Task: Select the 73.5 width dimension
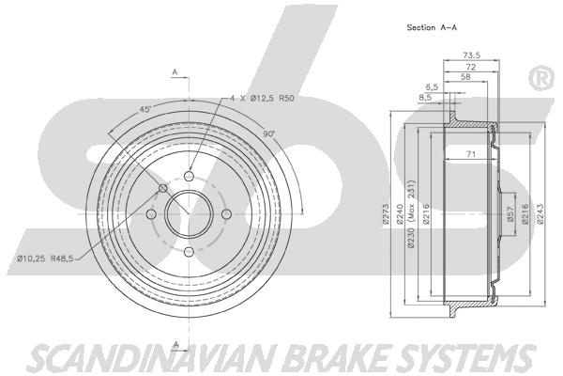click(472, 55)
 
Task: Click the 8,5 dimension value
click(425, 96)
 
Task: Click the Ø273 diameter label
click(386, 215)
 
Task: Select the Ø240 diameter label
click(400, 215)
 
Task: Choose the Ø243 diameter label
click(540, 215)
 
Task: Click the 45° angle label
click(145, 110)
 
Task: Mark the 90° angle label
click(268, 134)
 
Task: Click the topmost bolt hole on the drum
click(188, 176)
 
